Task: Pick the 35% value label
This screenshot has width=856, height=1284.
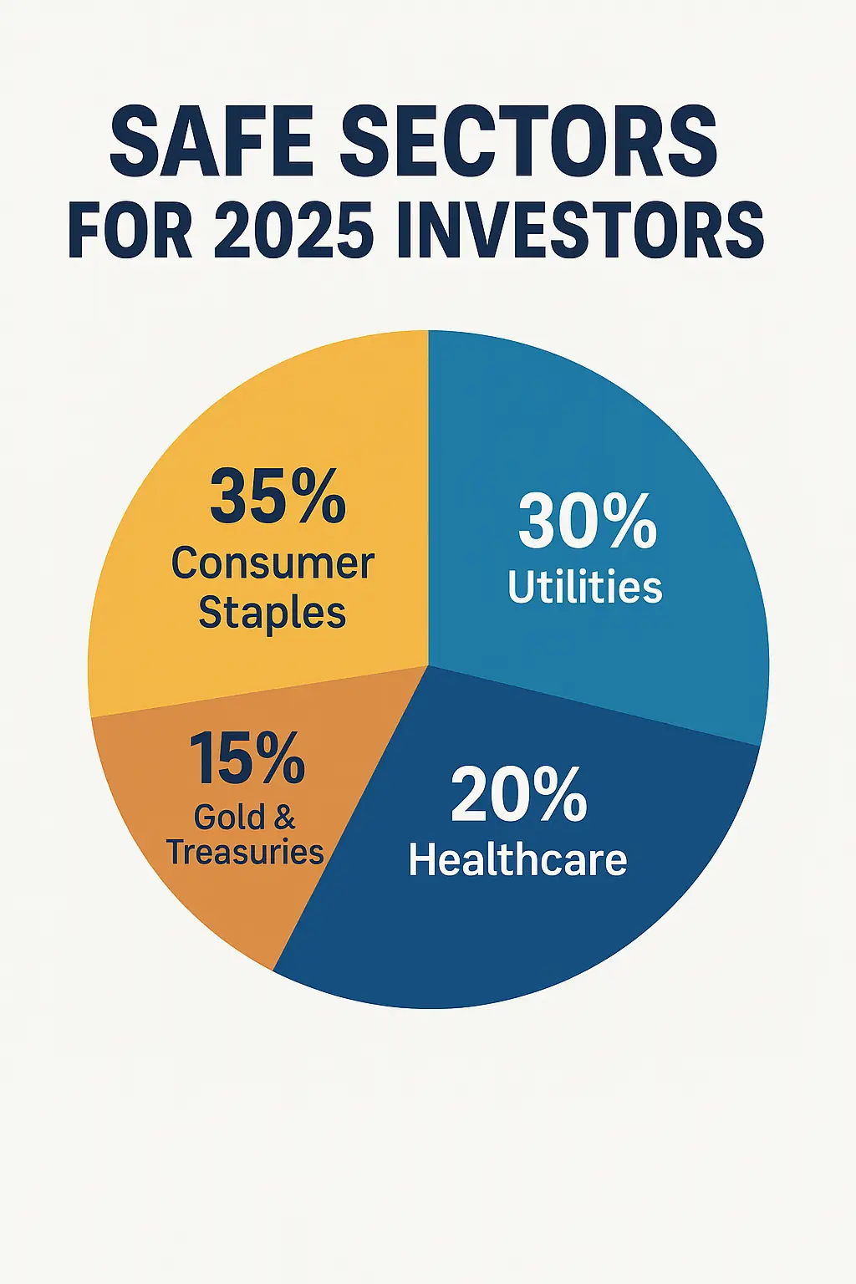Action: coord(278,497)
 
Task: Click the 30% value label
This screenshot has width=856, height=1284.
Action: coord(587,522)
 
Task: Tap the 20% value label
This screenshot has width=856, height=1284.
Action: coord(518,795)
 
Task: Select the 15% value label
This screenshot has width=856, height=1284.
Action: coord(247,758)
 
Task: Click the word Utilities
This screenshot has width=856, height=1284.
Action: coord(585,587)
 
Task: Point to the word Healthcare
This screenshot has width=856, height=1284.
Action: coord(517,859)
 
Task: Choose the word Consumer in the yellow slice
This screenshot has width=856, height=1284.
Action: coord(273,564)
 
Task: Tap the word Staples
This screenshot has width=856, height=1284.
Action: coord(273,614)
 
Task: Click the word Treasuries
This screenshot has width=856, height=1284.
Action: coord(245,853)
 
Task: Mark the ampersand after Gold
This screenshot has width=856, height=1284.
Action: coord(283,817)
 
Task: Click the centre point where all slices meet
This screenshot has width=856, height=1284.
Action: coord(428,666)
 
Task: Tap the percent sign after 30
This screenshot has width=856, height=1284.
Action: coord(627,522)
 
